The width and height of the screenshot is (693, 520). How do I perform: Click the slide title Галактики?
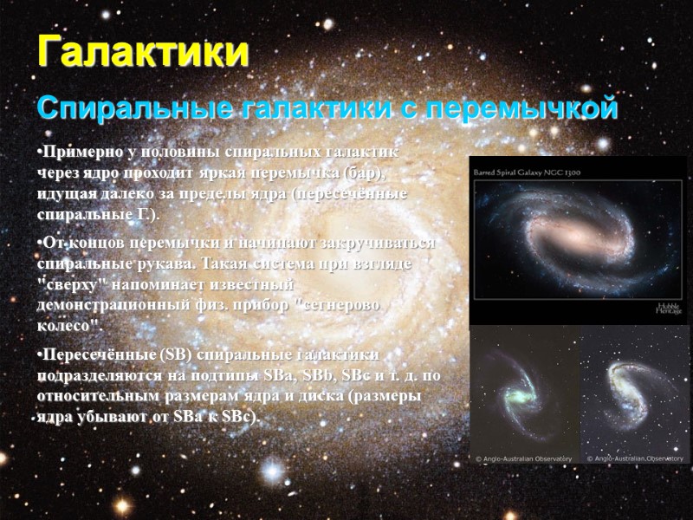pos(142,52)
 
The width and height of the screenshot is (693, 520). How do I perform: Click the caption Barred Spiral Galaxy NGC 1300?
pos(527,173)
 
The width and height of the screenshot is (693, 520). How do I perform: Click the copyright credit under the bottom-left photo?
pos(524,458)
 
